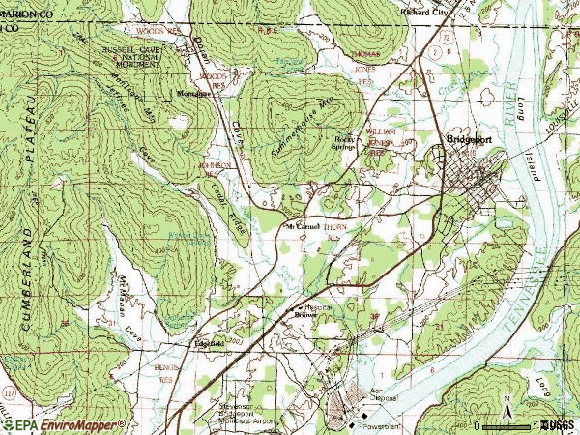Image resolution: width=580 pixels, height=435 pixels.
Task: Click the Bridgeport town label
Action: click(x=470, y=139)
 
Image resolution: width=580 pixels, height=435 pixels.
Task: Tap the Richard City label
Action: click(x=426, y=13)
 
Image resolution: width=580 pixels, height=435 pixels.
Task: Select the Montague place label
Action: click(x=191, y=94)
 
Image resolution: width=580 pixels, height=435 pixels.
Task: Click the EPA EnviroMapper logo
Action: click(x=64, y=424)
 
